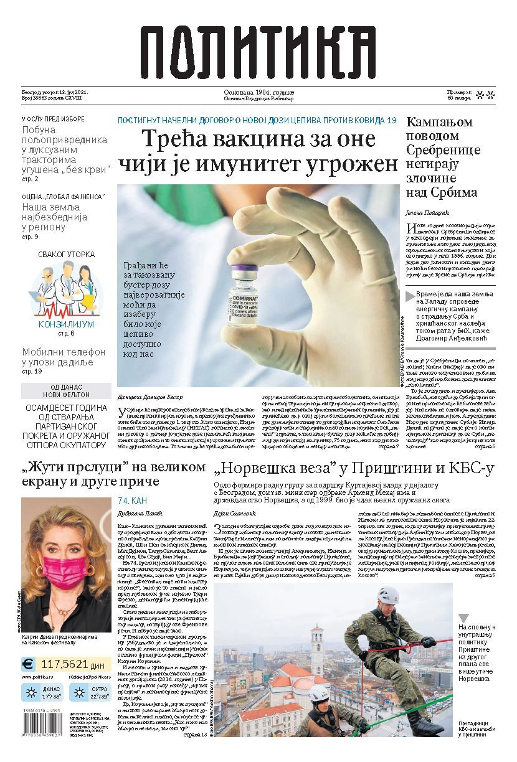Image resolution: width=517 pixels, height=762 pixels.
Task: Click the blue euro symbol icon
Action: click(29, 664)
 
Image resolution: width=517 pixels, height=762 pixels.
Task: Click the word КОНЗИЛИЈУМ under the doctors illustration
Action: click(66, 324)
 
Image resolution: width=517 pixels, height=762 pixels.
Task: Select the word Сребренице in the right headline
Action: click(443, 150)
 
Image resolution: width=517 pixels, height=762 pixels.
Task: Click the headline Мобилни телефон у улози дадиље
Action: click(64, 357)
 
